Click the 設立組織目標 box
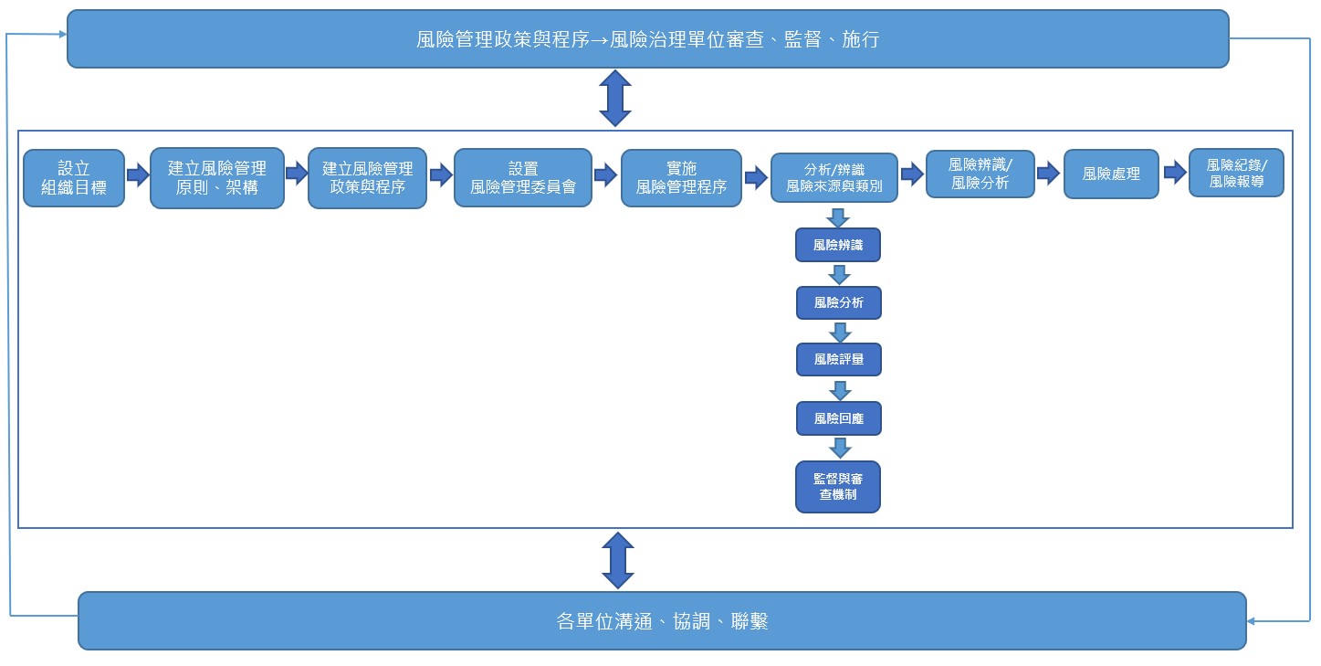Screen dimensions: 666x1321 click(74, 178)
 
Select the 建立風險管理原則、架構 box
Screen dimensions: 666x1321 click(217, 178)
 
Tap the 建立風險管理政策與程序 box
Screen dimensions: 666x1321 click(367, 178)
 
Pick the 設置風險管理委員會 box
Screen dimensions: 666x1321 click(523, 178)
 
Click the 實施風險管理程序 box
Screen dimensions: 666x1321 click(681, 178)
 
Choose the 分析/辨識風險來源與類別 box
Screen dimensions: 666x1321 click(833, 178)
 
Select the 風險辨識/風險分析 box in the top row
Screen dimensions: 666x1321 click(980, 174)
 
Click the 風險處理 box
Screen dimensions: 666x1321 click(1111, 174)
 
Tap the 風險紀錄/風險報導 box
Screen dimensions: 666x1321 click(1236, 173)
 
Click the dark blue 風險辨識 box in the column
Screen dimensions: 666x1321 click(838, 245)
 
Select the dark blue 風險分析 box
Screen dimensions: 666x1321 click(838, 302)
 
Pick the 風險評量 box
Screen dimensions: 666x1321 click(838, 359)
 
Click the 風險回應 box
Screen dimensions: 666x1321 click(838, 418)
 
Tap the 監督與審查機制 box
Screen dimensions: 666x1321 click(838, 487)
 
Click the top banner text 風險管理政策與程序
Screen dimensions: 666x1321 click(502, 39)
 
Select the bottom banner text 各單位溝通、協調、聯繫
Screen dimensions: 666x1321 click(662, 621)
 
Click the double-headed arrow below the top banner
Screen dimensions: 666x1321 click(615, 99)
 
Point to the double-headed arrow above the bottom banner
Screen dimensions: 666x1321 click(618, 560)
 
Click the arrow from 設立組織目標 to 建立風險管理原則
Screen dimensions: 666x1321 click(137, 174)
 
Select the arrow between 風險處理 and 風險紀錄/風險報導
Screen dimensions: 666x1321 click(1174, 173)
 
